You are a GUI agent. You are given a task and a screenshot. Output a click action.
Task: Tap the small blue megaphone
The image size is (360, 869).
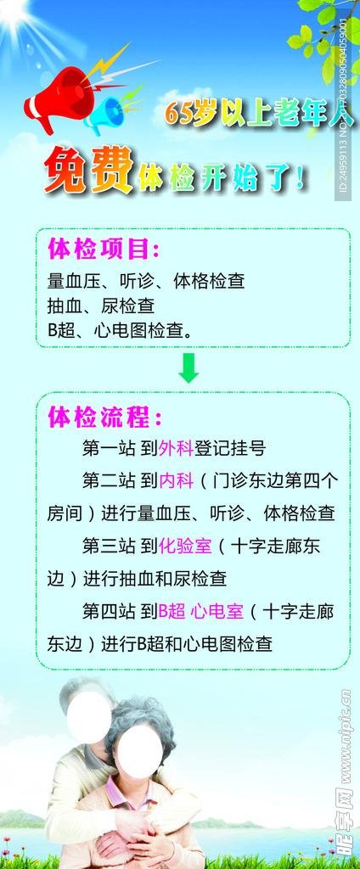click(x=105, y=115)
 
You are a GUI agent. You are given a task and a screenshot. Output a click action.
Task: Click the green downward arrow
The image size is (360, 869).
click(x=188, y=367)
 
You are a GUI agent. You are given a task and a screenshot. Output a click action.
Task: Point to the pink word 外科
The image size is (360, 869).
click(x=176, y=448)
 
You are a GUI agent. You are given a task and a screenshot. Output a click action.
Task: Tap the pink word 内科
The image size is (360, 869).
click(x=176, y=480)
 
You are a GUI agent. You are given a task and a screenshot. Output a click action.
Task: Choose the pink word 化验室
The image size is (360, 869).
click(x=185, y=547)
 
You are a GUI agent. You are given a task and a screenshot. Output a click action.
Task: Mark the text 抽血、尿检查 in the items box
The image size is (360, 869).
click(x=101, y=306)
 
